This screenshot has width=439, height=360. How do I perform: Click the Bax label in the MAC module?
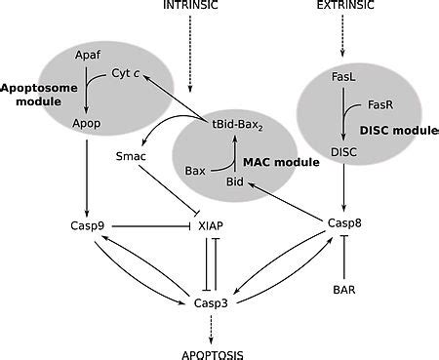click(196, 170)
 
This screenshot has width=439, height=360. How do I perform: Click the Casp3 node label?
click(213, 304)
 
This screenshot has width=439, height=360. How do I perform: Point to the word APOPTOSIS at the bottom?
click(213, 352)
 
